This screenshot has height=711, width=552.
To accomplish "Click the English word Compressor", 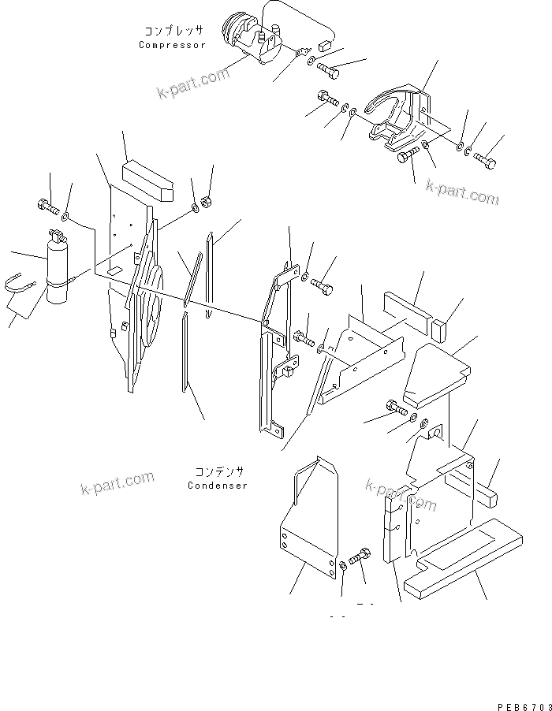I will (172, 45).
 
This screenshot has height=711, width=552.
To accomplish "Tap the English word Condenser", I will (218, 486).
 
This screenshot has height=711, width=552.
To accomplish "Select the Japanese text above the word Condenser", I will (218, 472).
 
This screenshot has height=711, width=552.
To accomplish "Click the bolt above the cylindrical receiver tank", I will (47, 209).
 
